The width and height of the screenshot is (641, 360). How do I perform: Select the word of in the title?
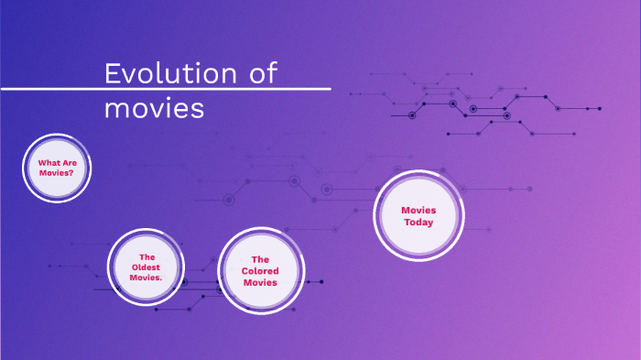(x=263, y=73)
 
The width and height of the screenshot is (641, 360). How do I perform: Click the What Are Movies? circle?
(x=56, y=168)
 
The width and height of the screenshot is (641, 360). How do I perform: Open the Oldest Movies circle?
(x=146, y=267)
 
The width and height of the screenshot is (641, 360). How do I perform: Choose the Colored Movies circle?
(x=260, y=271)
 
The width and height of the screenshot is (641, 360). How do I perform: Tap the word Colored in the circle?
(x=260, y=271)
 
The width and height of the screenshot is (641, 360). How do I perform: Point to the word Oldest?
(x=146, y=267)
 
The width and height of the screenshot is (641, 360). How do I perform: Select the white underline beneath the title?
(x=165, y=90)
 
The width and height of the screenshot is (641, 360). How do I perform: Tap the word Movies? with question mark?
(x=56, y=172)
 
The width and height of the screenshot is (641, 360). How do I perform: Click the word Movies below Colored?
(x=260, y=283)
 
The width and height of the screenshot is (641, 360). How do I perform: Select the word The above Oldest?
(x=146, y=256)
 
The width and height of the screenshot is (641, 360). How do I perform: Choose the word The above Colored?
(x=260, y=259)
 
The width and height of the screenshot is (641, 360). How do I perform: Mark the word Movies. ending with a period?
(x=146, y=277)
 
